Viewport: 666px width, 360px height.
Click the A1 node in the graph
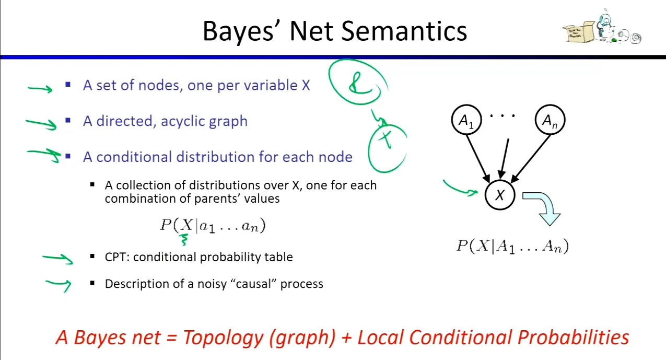pyautogui.click(x=466, y=120)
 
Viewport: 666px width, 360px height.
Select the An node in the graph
pyautogui.click(x=550, y=120)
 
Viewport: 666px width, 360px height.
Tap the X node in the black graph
pyautogui.click(x=500, y=195)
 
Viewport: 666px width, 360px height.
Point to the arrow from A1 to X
pyautogui.click(x=478, y=159)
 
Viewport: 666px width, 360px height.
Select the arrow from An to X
pyautogui.click(x=530, y=159)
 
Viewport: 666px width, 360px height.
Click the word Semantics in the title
pyautogui.click(x=404, y=31)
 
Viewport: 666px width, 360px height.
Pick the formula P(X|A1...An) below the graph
pyautogui.click(x=512, y=246)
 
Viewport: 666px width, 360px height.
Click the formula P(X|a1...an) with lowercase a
pyautogui.click(x=213, y=225)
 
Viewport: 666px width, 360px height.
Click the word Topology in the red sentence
pyautogui.click(x=223, y=338)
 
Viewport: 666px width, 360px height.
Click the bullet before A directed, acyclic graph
pyautogui.click(x=68, y=121)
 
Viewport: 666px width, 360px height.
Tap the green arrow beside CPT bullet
pyautogui.click(x=57, y=259)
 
